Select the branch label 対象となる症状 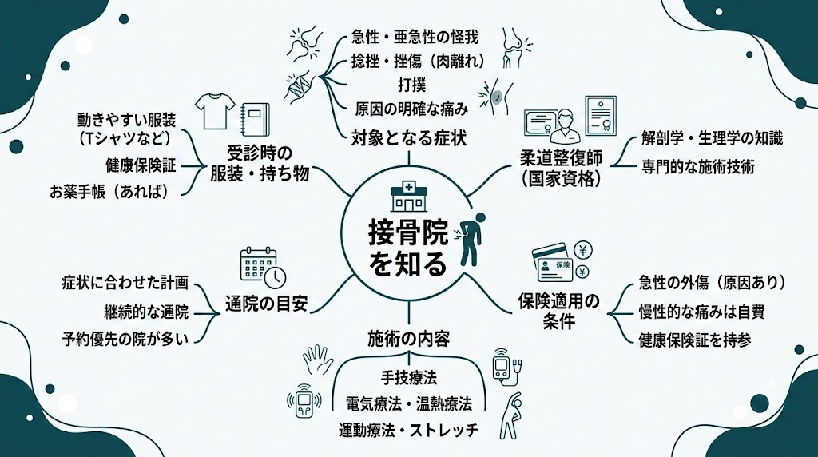[x=410, y=137]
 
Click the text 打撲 [x=410, y=83]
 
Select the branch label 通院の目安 [x=266, y=304]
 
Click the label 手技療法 [x=409, y=376]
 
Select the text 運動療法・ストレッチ [x=409, y=430]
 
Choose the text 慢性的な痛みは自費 [x=701, y=312]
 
